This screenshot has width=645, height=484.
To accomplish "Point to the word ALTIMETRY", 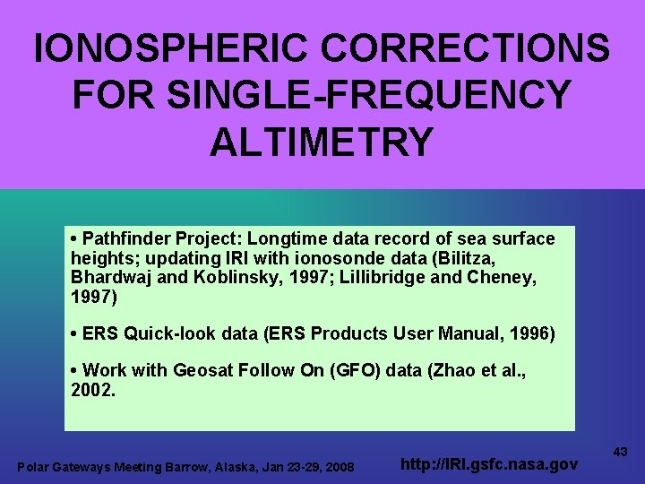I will coord(322,142).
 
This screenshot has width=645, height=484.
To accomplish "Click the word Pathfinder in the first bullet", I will coord(124,239).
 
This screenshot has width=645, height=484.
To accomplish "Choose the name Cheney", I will coord(500,277).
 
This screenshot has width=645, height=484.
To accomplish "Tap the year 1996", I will coord(531,334).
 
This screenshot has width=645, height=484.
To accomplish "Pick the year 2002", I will coord(92,390).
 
